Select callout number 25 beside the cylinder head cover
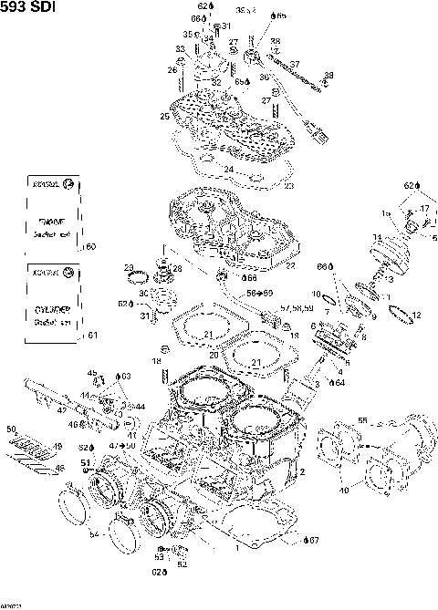(164, 117)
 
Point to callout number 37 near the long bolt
(294, 64)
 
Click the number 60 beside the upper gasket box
(90, 247)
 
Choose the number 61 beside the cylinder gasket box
(90, 336)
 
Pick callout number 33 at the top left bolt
(180, 49)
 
